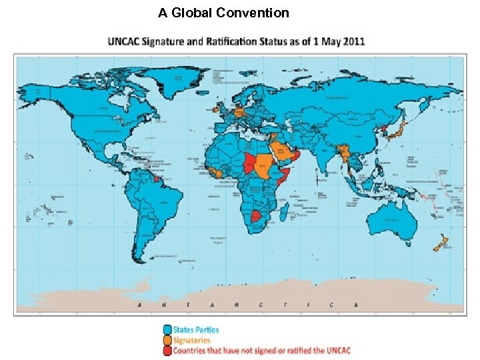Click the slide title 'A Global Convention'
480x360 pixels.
pos(223,13)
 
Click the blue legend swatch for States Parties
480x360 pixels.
pos(167,329)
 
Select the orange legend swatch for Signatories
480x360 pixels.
pos(167,339)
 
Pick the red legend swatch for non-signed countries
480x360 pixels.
pos(167,349)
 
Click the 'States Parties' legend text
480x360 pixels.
pos(196,329)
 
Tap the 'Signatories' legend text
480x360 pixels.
pos(192,339)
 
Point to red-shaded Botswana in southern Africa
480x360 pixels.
pos(257,217)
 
